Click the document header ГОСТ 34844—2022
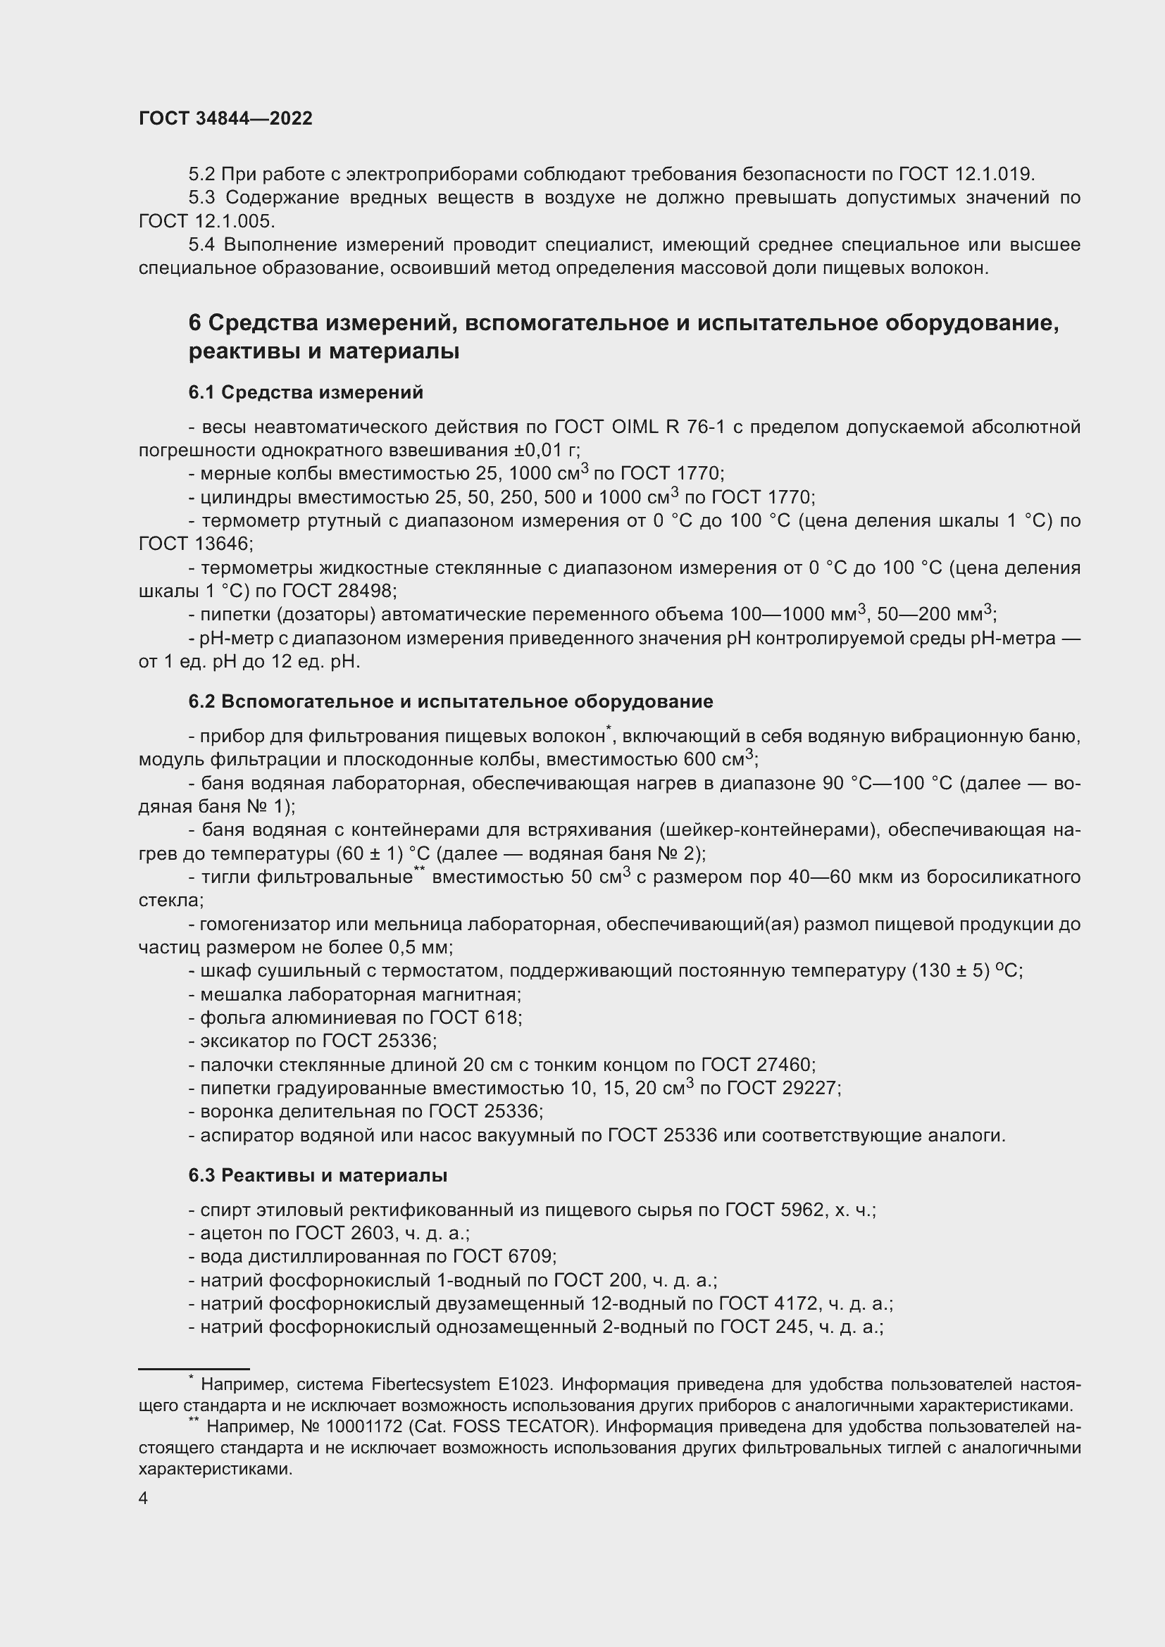point(225,119)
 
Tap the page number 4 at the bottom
point(143,1498)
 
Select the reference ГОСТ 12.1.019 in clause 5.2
point(966,175)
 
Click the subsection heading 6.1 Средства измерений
point(306,393)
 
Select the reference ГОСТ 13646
point(194,544)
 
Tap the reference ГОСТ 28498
point(337,591)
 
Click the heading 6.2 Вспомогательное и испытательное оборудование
point(451,701)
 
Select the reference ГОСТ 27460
point(756,1065)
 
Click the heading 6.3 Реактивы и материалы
point(318,1176)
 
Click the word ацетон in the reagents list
point(227,1233)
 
